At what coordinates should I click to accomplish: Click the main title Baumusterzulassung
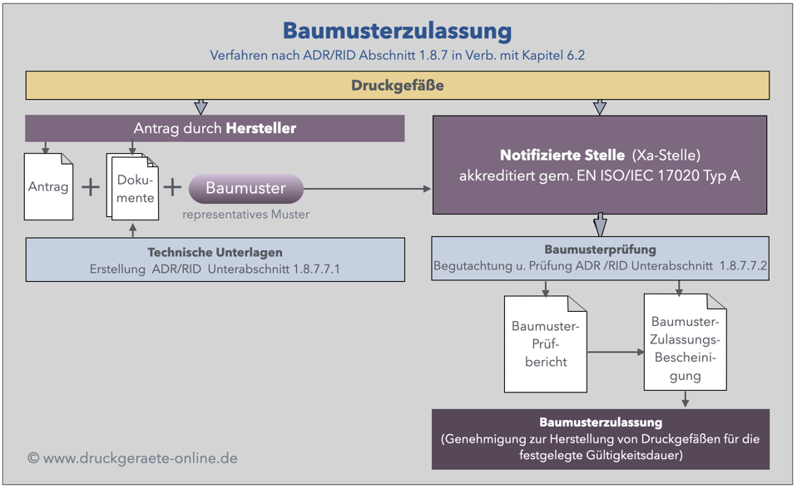tap(397, 32)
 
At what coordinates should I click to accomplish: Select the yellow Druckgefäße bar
tap(397, 86)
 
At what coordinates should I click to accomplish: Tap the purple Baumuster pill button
tap(246, 189)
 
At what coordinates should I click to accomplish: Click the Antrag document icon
tap(48, 187)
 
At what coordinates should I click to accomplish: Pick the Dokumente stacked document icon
tap(133, 189)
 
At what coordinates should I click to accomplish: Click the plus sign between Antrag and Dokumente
tap(91, 187)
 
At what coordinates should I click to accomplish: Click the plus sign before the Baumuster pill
tap(172, 187)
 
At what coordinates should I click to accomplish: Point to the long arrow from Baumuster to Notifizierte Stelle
tap(366, 190)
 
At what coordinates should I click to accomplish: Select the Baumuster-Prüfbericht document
tap(545, 344)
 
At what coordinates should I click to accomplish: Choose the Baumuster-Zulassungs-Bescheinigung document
tap(685, 343)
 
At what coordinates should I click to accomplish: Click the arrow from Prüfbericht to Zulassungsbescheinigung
tap(616, 353)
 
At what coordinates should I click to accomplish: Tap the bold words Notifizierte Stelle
tap(562, 156)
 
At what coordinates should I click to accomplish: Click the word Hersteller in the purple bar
tap(261, 128)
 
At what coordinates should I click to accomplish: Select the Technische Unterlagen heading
tap(215, 252)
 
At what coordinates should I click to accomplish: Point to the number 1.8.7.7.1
tap(316, 269)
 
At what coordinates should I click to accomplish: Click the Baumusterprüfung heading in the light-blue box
tap(600, 249)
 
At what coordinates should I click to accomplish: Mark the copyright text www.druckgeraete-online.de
tap(132, 458)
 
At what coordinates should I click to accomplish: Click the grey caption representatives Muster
tap(246, 215)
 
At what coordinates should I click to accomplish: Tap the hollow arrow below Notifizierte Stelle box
tap(601, 225)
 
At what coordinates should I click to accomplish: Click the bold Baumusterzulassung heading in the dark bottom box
tap(600, 422)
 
